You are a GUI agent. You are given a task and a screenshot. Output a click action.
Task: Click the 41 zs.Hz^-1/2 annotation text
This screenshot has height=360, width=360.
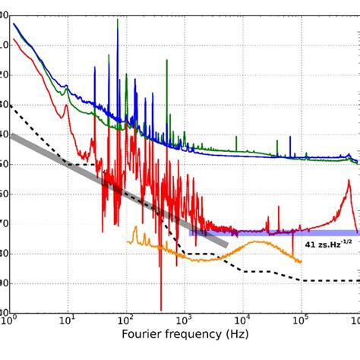point(328,245)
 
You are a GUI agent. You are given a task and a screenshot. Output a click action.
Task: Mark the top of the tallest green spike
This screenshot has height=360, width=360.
point(118,21)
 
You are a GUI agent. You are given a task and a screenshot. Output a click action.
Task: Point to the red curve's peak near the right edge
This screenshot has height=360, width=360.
point(349,190)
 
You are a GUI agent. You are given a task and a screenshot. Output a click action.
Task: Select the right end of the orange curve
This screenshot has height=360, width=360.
point(302,262)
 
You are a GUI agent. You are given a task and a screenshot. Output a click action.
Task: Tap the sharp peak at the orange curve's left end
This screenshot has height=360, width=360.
point(135,227)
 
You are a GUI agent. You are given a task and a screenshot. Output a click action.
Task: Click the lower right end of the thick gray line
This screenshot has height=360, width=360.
point(226,243)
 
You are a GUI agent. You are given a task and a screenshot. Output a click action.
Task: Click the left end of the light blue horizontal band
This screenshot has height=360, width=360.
point(191,232)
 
